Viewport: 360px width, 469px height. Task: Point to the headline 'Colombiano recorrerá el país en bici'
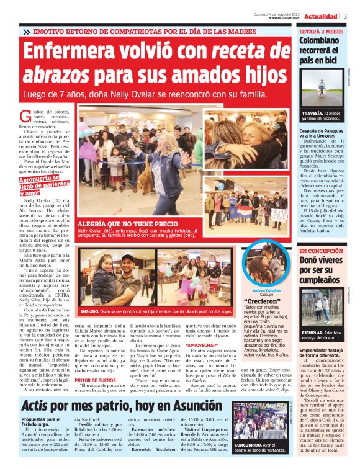(319, 51)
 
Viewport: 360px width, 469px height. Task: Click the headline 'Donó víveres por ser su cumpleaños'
(321, 270)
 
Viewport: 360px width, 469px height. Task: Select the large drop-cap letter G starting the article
(25, 115)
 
